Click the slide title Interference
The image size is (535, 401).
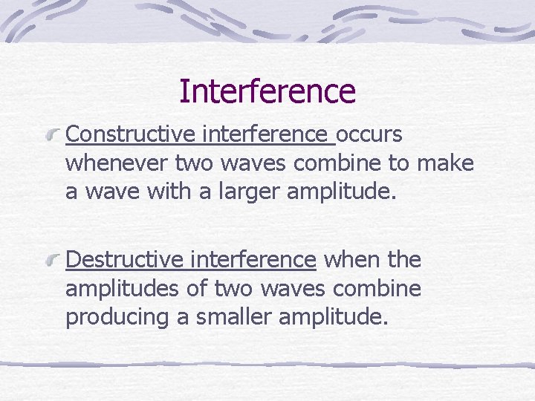tap(267, 91)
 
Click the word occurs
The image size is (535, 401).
tap(369, 134)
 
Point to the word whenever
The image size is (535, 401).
tap(117, 163)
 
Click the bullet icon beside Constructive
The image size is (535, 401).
tap(54, 136)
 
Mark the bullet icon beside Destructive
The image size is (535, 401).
tap(54, 261)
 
